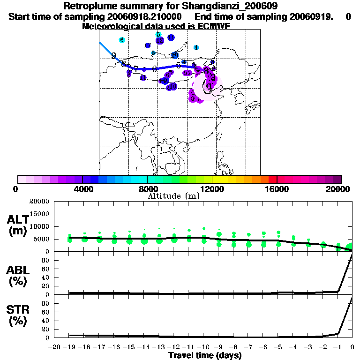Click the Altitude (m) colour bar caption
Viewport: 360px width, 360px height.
click(173, 196)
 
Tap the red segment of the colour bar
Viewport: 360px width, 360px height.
click(272, 179)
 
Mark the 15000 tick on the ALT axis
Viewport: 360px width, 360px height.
click(40, 214)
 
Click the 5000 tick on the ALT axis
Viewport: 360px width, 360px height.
click(42, 239)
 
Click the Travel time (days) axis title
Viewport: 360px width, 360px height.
click(205, 355)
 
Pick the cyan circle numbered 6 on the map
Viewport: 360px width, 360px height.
click(122, 40)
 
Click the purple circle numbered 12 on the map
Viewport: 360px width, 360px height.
click(160, 41)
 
